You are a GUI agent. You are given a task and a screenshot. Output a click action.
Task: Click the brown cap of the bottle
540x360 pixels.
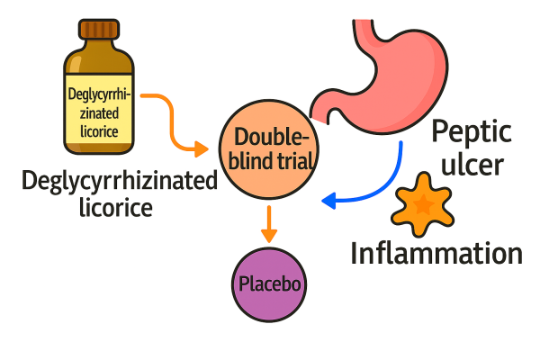99,29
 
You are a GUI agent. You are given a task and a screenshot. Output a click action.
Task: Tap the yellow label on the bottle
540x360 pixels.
100,112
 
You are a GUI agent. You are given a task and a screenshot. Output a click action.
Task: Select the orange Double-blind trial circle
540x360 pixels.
267,150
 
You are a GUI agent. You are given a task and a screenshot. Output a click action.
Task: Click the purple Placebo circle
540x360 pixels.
268,286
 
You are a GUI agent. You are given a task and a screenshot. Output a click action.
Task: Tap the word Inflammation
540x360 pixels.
436,253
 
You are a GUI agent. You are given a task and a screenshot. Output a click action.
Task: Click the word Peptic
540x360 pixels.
471,133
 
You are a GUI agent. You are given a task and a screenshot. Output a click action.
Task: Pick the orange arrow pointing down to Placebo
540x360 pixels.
267,223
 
